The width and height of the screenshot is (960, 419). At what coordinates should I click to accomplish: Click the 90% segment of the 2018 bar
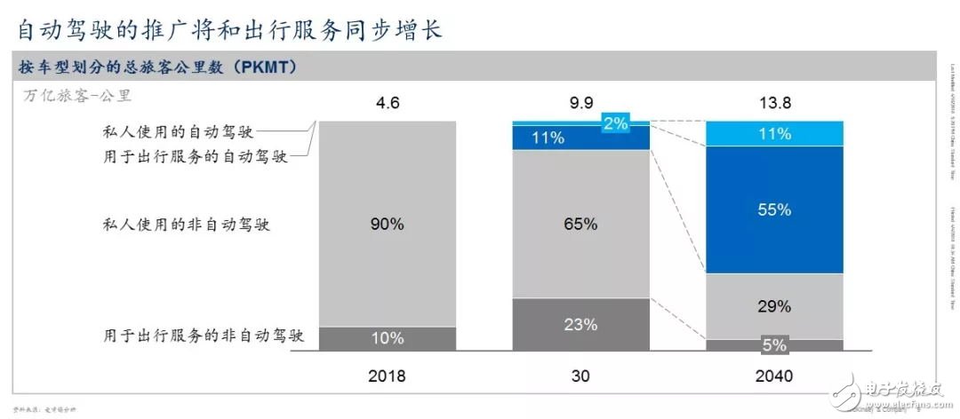pos(388,224)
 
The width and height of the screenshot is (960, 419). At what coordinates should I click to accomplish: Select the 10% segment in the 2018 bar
pos(388,338)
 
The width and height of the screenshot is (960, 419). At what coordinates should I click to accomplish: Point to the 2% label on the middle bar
pos(615,123)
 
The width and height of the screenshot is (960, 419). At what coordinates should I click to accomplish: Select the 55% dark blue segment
pos(773,209)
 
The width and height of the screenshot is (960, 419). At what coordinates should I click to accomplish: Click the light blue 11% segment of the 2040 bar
pos(773,133)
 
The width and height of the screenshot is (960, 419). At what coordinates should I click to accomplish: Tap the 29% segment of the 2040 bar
pos(773,306)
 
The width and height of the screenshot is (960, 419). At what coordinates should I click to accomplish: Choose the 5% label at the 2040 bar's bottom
pos(773,344)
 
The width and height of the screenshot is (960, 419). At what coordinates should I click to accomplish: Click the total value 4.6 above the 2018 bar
pos(388,103)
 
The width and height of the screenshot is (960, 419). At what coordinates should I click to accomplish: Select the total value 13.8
pos(773,103)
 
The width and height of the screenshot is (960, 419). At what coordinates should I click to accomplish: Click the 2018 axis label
pos(388,376)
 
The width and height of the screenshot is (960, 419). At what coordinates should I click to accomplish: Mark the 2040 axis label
pos(773,376)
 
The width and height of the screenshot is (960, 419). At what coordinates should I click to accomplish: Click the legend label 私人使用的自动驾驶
pos(179,132)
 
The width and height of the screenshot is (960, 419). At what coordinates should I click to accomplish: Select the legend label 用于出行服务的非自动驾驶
pos(204,336)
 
